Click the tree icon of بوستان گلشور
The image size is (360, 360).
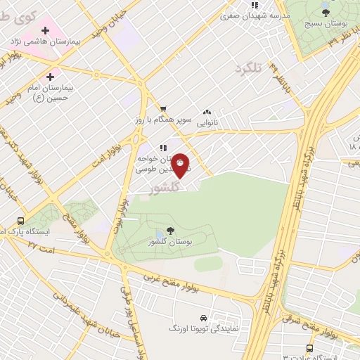(171, 231)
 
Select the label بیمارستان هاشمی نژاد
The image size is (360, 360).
(44, 42)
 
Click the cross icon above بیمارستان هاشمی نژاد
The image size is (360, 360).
(46, 30)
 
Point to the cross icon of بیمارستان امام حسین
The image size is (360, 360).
(50, 77)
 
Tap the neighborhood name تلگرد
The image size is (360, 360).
(248, 69)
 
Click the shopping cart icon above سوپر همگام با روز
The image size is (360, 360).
(162, 109)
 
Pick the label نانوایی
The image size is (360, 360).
(207, 122)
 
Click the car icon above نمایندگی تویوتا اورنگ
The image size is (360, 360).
(203, 317)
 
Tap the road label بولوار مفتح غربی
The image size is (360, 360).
(207, 281)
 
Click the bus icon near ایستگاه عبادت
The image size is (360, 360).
(310, 349)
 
